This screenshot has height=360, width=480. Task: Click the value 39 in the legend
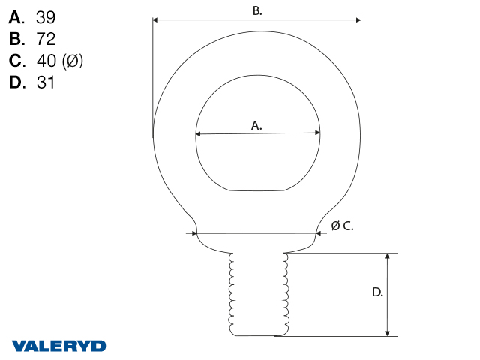click(x=46, y=17)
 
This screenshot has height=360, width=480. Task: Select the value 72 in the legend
click(x=46, y=39)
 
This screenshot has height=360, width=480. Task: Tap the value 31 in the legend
click(x=45, y=82)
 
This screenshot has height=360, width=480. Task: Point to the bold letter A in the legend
click(x=15, y=17)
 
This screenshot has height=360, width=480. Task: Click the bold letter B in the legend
click(x=15, y=39)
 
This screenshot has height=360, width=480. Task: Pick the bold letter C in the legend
click(x=15, y=61)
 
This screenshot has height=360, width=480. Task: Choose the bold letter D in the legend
click(x=16, y=82)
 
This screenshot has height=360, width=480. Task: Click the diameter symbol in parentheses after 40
click(x=72, y=61)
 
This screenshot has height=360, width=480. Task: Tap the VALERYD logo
click(x=58, y=346)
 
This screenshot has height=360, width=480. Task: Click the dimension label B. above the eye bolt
click(x=257, y=11)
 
